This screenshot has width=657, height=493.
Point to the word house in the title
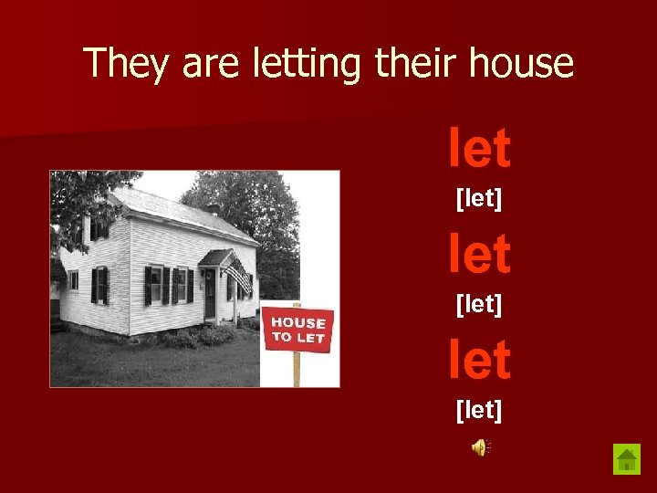pos(521,64)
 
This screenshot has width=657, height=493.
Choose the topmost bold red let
pos(479,149)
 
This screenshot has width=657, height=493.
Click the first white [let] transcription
pos(479,197)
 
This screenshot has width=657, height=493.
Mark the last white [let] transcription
pos(479,410)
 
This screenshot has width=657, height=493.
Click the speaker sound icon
pos(480,446)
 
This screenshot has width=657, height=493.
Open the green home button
pos(627,458)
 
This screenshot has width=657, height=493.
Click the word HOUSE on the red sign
pos(298,322)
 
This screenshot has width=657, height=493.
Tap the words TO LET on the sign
pos(297,337)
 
